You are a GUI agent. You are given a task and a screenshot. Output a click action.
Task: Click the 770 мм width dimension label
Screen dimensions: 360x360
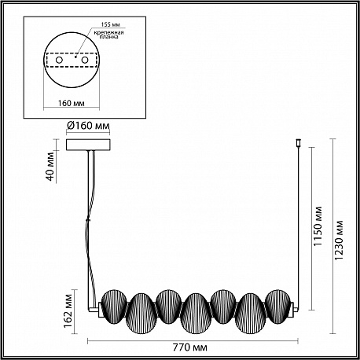(190, 347)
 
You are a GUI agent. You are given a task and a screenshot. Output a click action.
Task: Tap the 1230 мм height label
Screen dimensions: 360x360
(339, 241)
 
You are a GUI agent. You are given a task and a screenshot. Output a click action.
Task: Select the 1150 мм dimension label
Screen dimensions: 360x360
(318, 226)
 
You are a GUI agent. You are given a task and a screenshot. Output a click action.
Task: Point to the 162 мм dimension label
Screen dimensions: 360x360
(68, 311)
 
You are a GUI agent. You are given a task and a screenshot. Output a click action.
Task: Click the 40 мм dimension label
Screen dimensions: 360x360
(51, 166)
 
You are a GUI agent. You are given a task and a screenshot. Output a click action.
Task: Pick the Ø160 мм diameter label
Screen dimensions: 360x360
(88, 126)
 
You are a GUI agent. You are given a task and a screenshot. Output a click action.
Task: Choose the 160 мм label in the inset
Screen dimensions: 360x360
(72, 103)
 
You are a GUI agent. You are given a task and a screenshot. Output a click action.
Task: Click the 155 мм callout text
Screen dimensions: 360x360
(111, 24)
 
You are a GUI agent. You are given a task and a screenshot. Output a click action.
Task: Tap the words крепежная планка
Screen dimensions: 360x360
(108, 35)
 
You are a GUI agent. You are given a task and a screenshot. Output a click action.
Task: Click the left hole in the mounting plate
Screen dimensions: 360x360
(59, 60)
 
